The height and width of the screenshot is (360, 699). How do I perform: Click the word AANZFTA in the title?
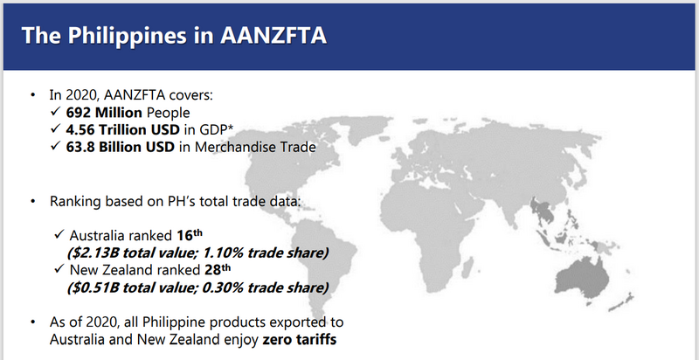pyautogui.click(x=273, y=35)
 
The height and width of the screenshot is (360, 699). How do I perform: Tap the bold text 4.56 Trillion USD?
pyautogui.click(x=123, y=129)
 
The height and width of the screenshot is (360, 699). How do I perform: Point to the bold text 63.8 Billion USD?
pyautogui.click(x=121, y=147)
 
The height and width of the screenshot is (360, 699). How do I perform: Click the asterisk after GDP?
pyautogui.click(x=232, y=128)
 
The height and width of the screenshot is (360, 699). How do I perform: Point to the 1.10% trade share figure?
pyautogui.click(x=222, y=253)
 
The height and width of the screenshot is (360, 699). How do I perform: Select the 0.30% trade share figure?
pyautogui.click(x=222, y=287)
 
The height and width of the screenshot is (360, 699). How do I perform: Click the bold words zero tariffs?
pyautogui.click(x=299, y=340)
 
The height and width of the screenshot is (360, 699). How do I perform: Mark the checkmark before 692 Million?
pyautogui.click(x=55, y=112)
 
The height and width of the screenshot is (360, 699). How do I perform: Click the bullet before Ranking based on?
pyautogui.click(x=32, y=201)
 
